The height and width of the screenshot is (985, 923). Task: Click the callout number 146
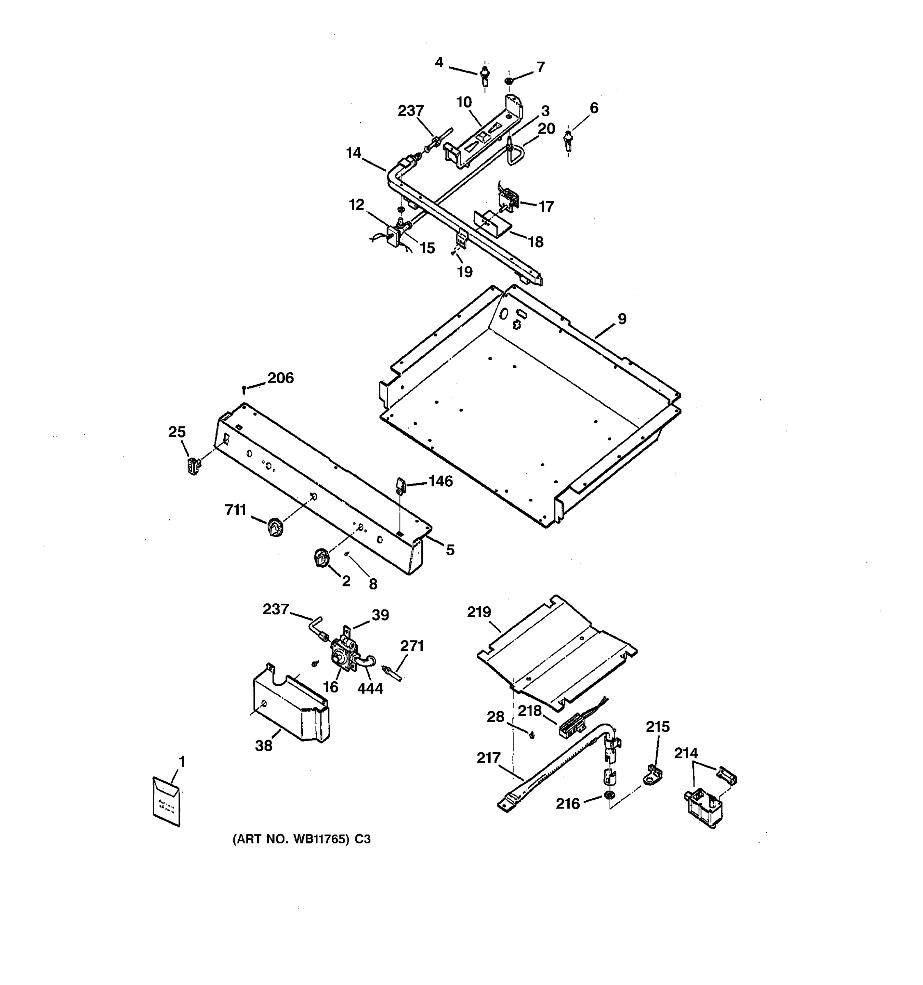440,481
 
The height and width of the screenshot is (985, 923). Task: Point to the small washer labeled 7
509,80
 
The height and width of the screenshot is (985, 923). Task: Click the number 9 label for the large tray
622,319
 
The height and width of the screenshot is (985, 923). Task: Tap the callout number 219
479,612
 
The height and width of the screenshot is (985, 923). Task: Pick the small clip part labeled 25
193,466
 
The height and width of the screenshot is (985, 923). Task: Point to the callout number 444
370,688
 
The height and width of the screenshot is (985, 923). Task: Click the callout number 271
412,646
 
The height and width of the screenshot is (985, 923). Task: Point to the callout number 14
354,153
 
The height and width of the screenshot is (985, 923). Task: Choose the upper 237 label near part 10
411,110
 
